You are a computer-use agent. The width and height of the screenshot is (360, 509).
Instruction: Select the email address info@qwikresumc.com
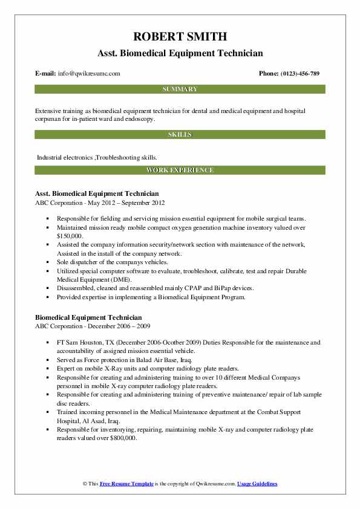[x=88, y=73]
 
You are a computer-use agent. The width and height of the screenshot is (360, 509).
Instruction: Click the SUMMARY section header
[x=180, y=89]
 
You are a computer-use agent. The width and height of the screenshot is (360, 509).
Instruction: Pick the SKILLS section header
[x=180, y=134]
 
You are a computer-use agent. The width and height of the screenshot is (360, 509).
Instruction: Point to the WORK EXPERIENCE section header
[x=180, y=170]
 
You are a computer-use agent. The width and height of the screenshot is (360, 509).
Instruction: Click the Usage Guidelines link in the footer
[x=258, y=484]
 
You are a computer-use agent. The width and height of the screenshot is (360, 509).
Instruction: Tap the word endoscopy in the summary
[x=137, y=119]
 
